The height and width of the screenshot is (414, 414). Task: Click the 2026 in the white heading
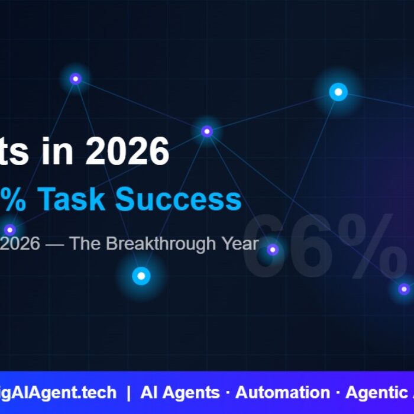(127, 151)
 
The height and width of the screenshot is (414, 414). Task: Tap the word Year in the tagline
(239, 244)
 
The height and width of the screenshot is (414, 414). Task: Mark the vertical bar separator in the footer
(128, 393)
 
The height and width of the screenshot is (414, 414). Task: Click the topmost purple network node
(75, 79)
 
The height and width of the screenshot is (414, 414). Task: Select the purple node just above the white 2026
(206, 131)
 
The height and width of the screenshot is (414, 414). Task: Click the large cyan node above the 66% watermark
(338, 92)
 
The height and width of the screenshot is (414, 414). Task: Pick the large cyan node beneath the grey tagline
(141, 276)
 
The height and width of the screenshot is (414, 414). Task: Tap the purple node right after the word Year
(272, 250)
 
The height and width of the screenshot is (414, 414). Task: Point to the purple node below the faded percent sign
(403, 289)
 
